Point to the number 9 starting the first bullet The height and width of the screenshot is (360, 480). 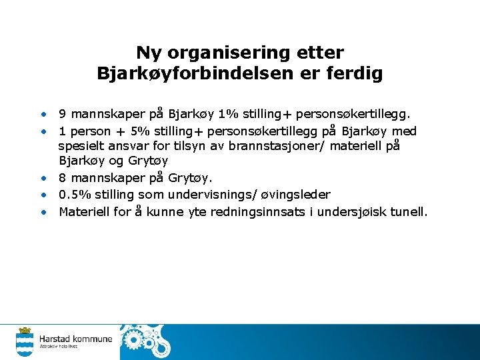pos(62,113)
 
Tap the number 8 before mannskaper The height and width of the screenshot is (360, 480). pos(62,178)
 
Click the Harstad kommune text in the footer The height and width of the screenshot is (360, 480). pos(75,339)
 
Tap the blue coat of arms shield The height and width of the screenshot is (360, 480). pos(25,344)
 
